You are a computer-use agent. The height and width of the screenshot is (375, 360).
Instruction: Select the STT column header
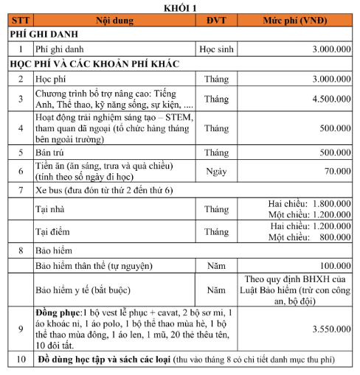(x=20, y=20)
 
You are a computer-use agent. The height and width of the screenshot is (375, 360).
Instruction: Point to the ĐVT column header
(x=217, y=20)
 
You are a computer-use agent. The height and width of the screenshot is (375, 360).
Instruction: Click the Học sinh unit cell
(x=217, y=49)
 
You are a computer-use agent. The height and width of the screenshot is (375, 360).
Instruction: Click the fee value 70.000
(x=338, y=171)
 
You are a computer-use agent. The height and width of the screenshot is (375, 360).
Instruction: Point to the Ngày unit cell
(x=217, y=171)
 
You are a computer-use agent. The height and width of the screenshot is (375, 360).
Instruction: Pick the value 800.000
(x=333, y=238)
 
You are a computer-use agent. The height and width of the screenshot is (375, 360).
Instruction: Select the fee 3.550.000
(x=331, y=328)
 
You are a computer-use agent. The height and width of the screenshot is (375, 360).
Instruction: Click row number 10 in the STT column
(x=20, y=360)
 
